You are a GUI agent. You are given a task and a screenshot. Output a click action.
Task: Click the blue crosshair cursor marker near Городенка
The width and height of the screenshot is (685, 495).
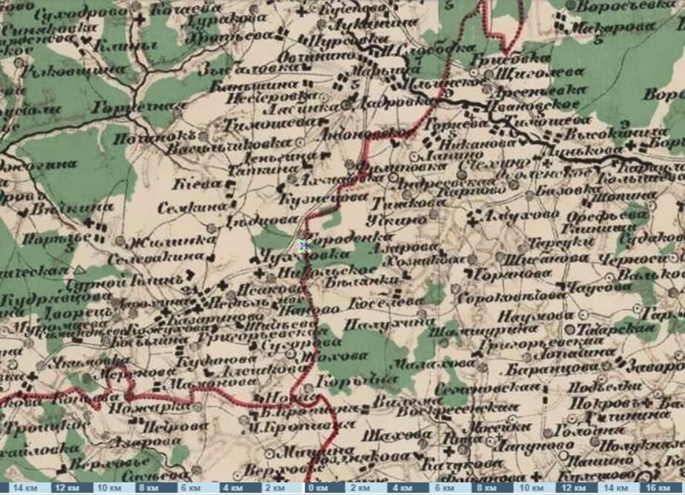pos(304,246)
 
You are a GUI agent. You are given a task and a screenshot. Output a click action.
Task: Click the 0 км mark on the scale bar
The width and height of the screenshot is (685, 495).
pos(322,488)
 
